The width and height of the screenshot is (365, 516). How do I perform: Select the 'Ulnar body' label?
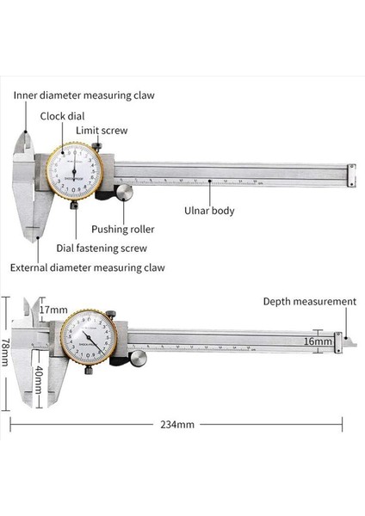click(x=210, y=209)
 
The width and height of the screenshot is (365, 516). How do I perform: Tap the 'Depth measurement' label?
click(x=309, y=301)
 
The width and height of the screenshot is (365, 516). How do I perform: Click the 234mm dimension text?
click(x=177, y=424)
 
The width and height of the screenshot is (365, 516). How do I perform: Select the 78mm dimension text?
click(x=7, y=351)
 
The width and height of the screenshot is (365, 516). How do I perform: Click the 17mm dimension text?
click(x=53, y=310)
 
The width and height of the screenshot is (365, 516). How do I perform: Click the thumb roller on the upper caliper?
click(x=126, y=192)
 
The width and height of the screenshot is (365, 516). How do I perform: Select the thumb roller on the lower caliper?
click(x=138, y=356)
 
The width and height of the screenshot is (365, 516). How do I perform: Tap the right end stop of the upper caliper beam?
click(x=350, y=175)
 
